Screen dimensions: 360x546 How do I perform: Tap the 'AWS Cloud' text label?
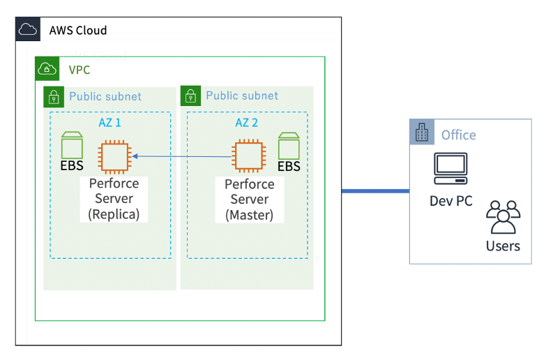point(78,30)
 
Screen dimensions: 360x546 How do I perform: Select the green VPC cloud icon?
point(47,68)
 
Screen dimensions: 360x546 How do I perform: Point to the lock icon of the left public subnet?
point(54,97)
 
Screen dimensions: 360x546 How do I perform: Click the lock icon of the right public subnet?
point(190,96)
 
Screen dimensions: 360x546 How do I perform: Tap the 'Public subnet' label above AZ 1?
point(105,96)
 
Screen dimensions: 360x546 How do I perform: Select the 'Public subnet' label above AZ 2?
point(242,96)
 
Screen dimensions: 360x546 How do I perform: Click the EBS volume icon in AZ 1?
point(72,145)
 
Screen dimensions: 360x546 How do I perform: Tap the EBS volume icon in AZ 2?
point(289,146)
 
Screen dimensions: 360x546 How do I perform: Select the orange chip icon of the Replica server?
point(114,156)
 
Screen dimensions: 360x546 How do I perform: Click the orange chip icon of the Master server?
point(250,156)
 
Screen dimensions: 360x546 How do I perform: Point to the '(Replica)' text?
point(114,215)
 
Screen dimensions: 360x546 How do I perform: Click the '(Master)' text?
point(250,215)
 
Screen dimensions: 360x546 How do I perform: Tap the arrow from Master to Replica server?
point(182,157)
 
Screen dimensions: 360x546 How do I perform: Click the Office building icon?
point(421,133)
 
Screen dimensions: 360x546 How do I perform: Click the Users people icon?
point(503,217)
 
